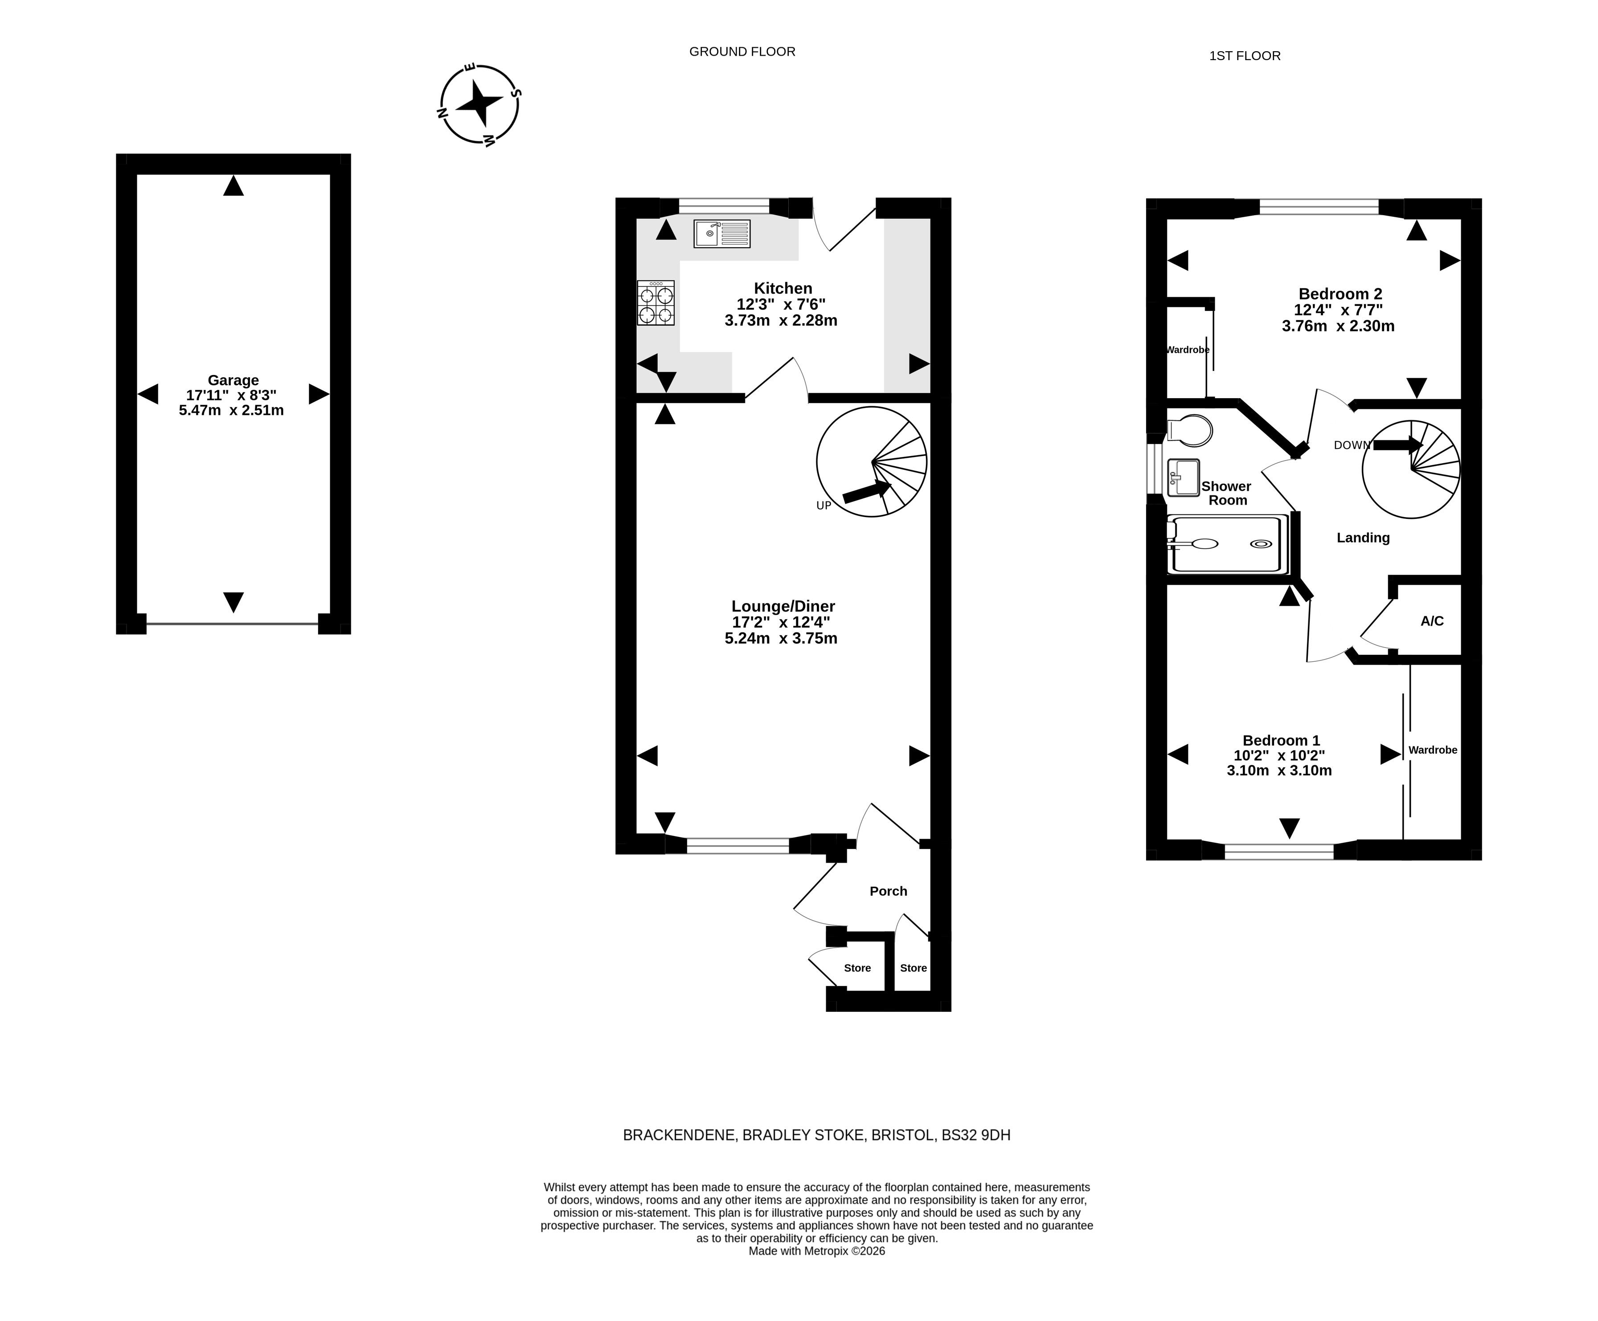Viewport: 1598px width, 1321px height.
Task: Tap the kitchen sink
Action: tap(721, 233)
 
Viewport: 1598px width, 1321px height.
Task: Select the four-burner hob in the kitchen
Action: tap(656, 303)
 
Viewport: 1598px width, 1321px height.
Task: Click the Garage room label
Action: tap(234, 380)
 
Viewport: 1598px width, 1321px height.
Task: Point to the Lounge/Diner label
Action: tap(783, 606)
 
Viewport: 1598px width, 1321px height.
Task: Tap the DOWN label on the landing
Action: tap(1352, 445)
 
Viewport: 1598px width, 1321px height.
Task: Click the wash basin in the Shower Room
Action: tap(1183, 477)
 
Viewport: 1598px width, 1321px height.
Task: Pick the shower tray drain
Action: tap(1260, 544)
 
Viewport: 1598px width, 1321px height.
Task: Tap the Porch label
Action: tap(888, 891)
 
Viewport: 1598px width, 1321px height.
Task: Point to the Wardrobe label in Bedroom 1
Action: tap(1433, 750)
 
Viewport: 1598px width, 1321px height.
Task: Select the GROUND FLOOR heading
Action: tap(742, 52)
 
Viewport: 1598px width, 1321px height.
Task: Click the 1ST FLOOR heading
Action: tap(1245, 56)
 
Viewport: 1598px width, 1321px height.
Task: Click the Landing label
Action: tap(1363, 538)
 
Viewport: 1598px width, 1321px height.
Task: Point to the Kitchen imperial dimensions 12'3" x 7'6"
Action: tap(781, 304)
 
